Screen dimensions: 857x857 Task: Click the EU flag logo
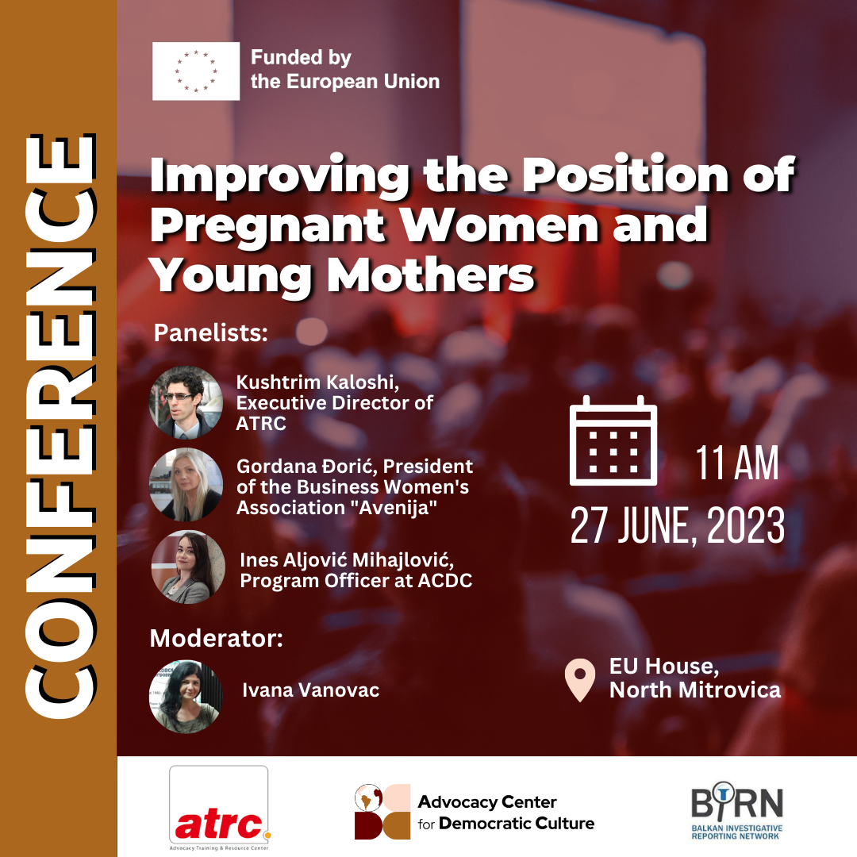point(196,71)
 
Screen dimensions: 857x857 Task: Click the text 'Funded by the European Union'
point(344,70)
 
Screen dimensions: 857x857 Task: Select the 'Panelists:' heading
point(210,332)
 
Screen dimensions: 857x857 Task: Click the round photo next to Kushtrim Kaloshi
point(186,402)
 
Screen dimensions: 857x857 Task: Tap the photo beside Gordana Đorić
point(186,484)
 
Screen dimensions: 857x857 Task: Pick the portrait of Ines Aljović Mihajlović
point(187,567)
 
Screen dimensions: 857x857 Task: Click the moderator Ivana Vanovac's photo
point(186,696)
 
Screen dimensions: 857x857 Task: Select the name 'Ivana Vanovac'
point(310,690)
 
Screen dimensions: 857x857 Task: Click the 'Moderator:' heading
point(216,638)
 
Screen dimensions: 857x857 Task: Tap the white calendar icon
point(613,440)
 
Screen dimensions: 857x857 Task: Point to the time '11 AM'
point(737,463)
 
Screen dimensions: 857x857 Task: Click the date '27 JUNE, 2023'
point(677,525)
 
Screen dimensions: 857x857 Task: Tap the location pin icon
point(579,680)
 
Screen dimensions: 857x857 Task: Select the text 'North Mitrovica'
point(694,690)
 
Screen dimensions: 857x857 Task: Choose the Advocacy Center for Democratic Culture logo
point(475,812)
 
